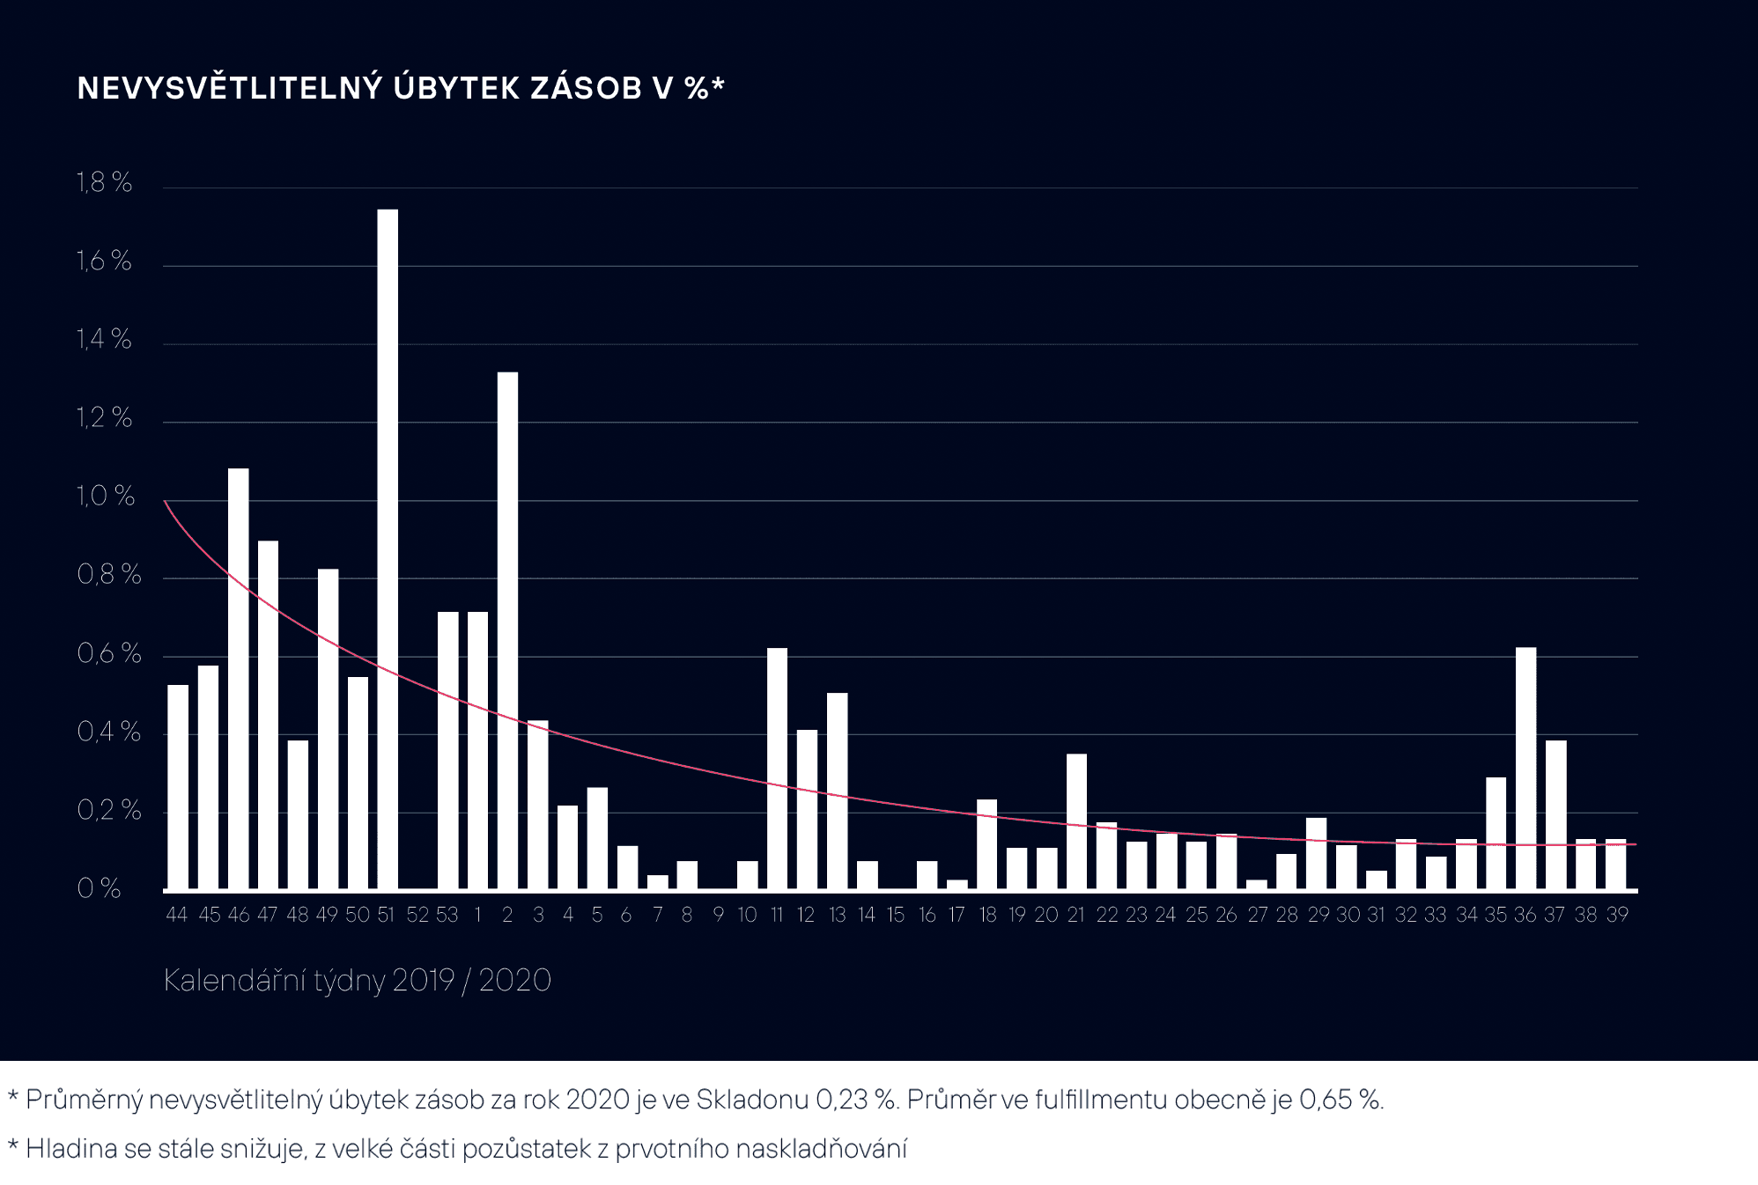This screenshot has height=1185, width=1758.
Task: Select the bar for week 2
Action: coord(507,630)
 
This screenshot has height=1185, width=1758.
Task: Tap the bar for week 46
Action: coord(239,678)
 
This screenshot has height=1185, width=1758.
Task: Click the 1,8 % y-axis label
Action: coord(104,182)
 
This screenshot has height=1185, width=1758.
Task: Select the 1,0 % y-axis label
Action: coord(106,496)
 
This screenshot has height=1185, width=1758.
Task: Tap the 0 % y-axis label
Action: coord(99,887)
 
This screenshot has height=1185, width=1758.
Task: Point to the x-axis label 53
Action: coord(447,915)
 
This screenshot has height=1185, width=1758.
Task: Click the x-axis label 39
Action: coord(1616,915)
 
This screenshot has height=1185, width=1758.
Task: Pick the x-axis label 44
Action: coord(177,915)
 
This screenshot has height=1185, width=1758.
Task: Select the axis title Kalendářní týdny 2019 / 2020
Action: coord(357,980)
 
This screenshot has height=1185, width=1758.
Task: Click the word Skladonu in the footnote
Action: coord(752,1100)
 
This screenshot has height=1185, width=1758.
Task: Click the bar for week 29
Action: coord(1316,853)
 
